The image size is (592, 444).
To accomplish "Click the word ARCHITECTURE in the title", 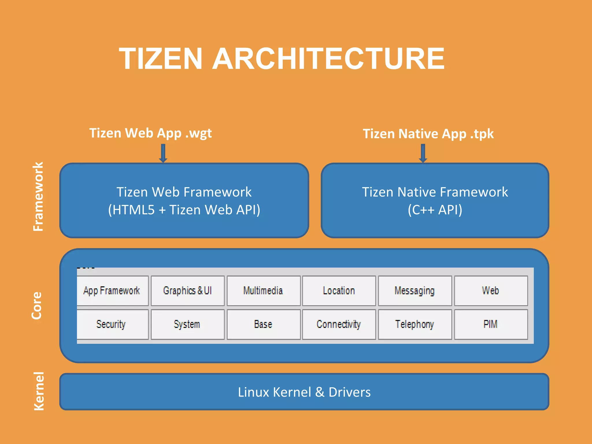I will (x=328, y=59).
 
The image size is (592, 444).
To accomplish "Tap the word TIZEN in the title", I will (x=161, y=59).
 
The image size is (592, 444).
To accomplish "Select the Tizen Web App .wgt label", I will (x=150, y=133).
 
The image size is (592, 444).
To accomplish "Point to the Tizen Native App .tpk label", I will (x=428, y=134).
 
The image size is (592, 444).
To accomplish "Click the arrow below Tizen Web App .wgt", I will (x=163, y=153).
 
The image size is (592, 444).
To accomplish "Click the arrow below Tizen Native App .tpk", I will (x=423, y=153).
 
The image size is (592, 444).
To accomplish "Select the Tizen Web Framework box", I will (x=184, y=201).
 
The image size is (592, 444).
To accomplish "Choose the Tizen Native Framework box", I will (x=435, y=201).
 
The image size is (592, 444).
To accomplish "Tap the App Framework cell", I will (x=112, y=291).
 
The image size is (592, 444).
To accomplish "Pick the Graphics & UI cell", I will (x=188, y=291).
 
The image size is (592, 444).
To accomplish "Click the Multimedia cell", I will (x=263, y=291).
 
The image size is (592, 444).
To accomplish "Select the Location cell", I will (x=339, y=291).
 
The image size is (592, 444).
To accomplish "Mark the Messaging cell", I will (x=415, y=291).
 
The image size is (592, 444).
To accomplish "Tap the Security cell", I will (x=112, y=324).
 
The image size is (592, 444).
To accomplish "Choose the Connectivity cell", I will (x=339, y=324).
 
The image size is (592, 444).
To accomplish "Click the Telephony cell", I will (x=415, y=324).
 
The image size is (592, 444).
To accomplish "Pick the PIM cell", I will (x=491, y=324).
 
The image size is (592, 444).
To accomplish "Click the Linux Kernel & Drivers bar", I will (x=304, y=392).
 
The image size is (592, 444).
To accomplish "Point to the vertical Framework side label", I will (x=38, y=197).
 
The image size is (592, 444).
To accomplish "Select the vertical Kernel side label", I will (x=39, y=391).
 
